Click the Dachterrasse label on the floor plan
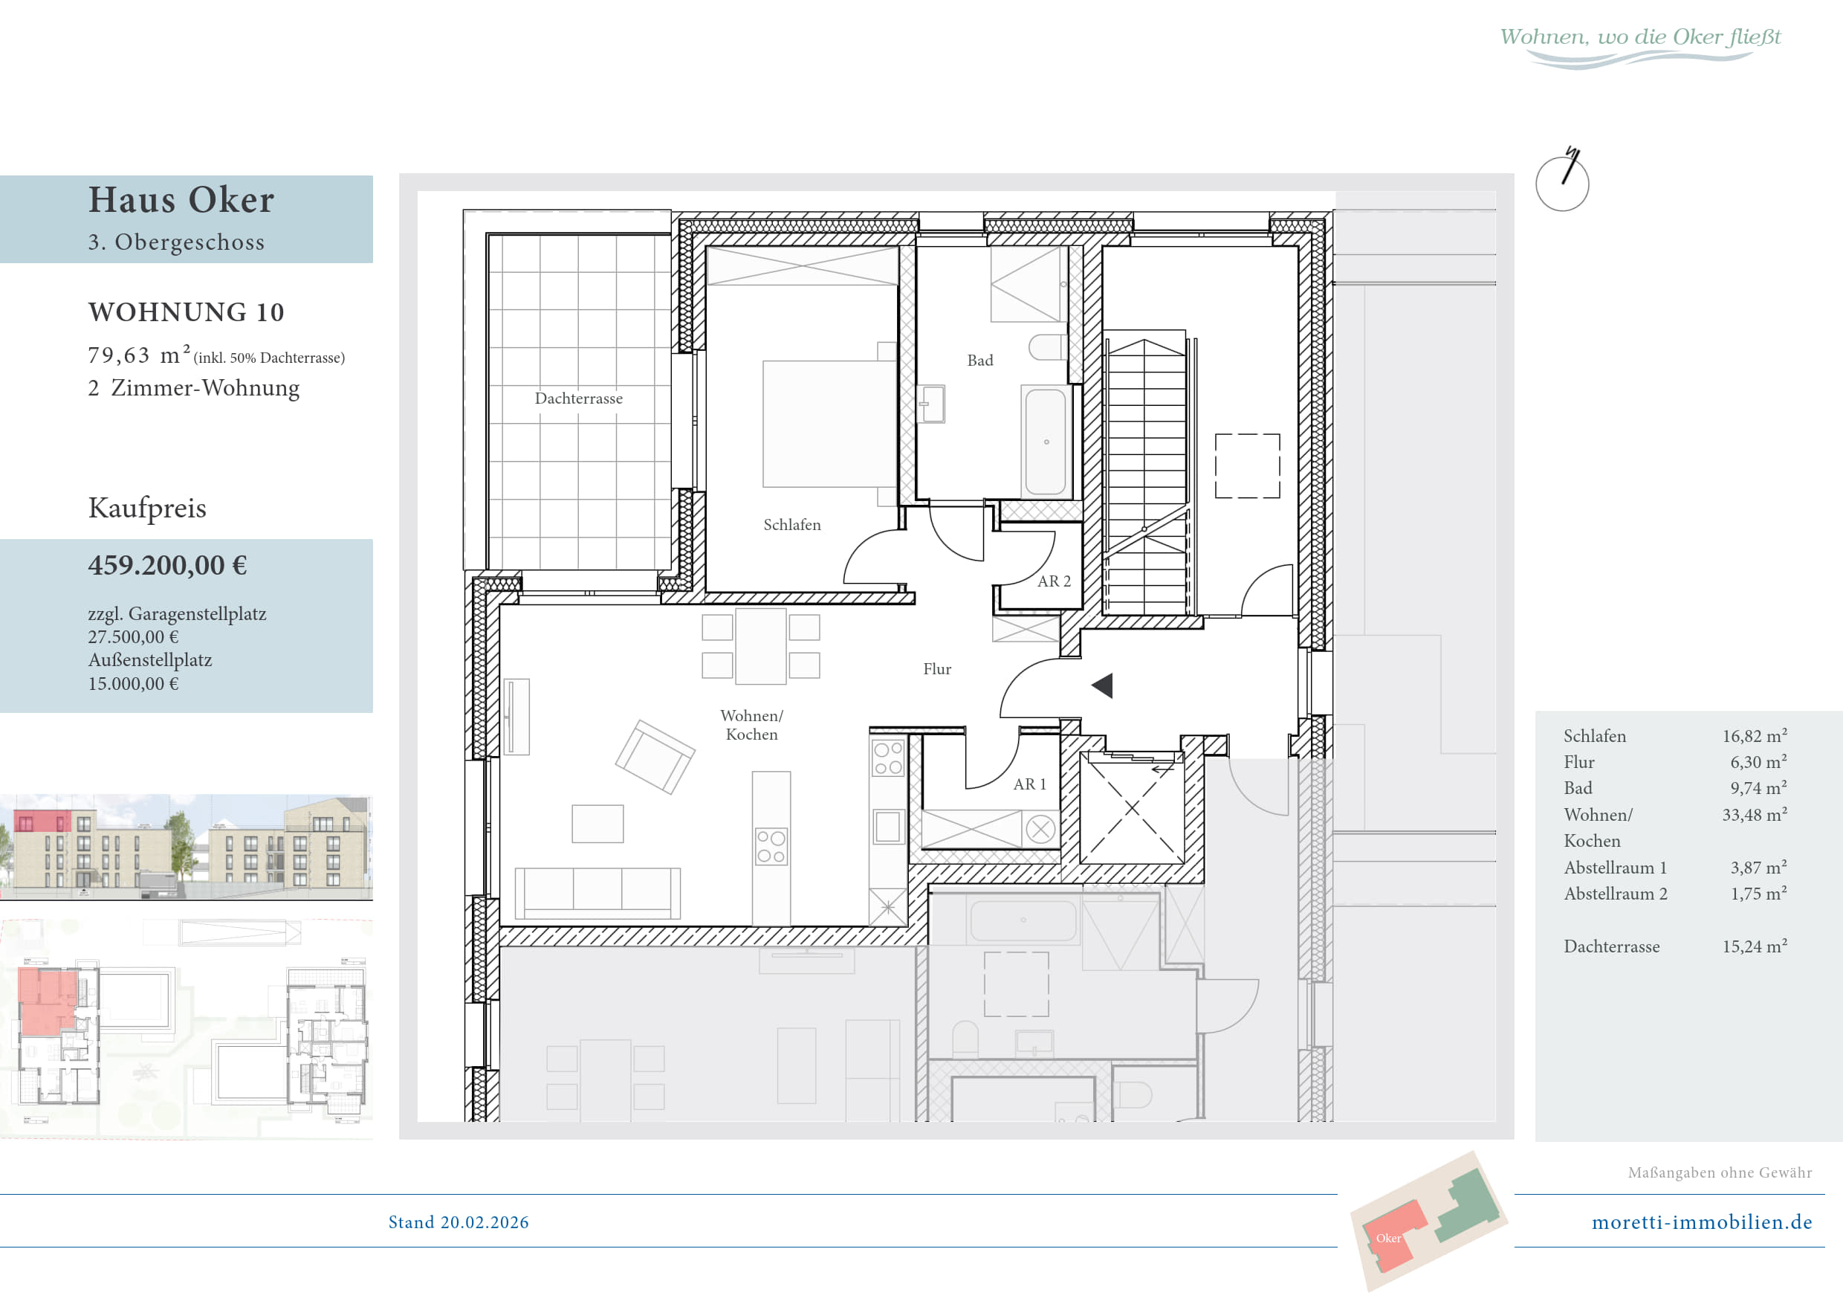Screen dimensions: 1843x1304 [x=578, y=398]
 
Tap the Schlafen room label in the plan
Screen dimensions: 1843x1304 [x=791, y=525]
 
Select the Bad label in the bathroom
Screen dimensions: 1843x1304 [x=980, y=361]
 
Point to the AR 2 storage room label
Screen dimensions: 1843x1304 [x=1054, y=581]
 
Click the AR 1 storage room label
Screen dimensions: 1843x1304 [x=1030, y=784]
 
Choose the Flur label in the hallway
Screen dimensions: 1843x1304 [x=937, y=669]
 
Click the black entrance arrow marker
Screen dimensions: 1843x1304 [x=1102, y=685]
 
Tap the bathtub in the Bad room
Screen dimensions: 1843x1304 [x=1046, y=442]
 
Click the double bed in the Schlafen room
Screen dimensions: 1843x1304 [x=829, y=424]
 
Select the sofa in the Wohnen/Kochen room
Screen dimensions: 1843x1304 [x=597, y=893]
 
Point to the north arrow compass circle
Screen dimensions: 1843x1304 [x=1562, y=184]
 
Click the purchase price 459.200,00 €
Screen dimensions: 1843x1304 [x=168, y=565]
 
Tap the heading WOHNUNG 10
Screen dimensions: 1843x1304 [x=187, y=312]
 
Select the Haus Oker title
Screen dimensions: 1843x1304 [x=181, y=199]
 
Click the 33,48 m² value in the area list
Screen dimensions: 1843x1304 [x=1755, y=814]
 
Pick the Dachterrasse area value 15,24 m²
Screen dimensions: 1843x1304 [x=1755, y=946]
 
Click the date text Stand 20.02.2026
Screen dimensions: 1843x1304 [x=459, y=1222]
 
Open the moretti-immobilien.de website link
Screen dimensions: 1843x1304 [x=1702, y=1222]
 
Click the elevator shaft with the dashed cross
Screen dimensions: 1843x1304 [x=1132, y=807]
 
